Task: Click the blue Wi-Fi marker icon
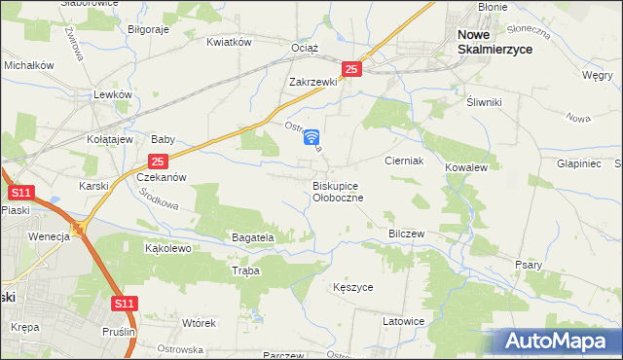pos(311,139)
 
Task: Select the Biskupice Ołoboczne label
pos(338,191)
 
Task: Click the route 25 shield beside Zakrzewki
pos(352,69)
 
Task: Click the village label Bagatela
pos(253,236)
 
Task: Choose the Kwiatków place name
pos(230,42)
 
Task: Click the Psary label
pos(529,264)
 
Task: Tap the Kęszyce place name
pos(352,288)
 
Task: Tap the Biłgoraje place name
pos(148,29)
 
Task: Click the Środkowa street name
pos(158,198)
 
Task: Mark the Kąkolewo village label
pos(167,248)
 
